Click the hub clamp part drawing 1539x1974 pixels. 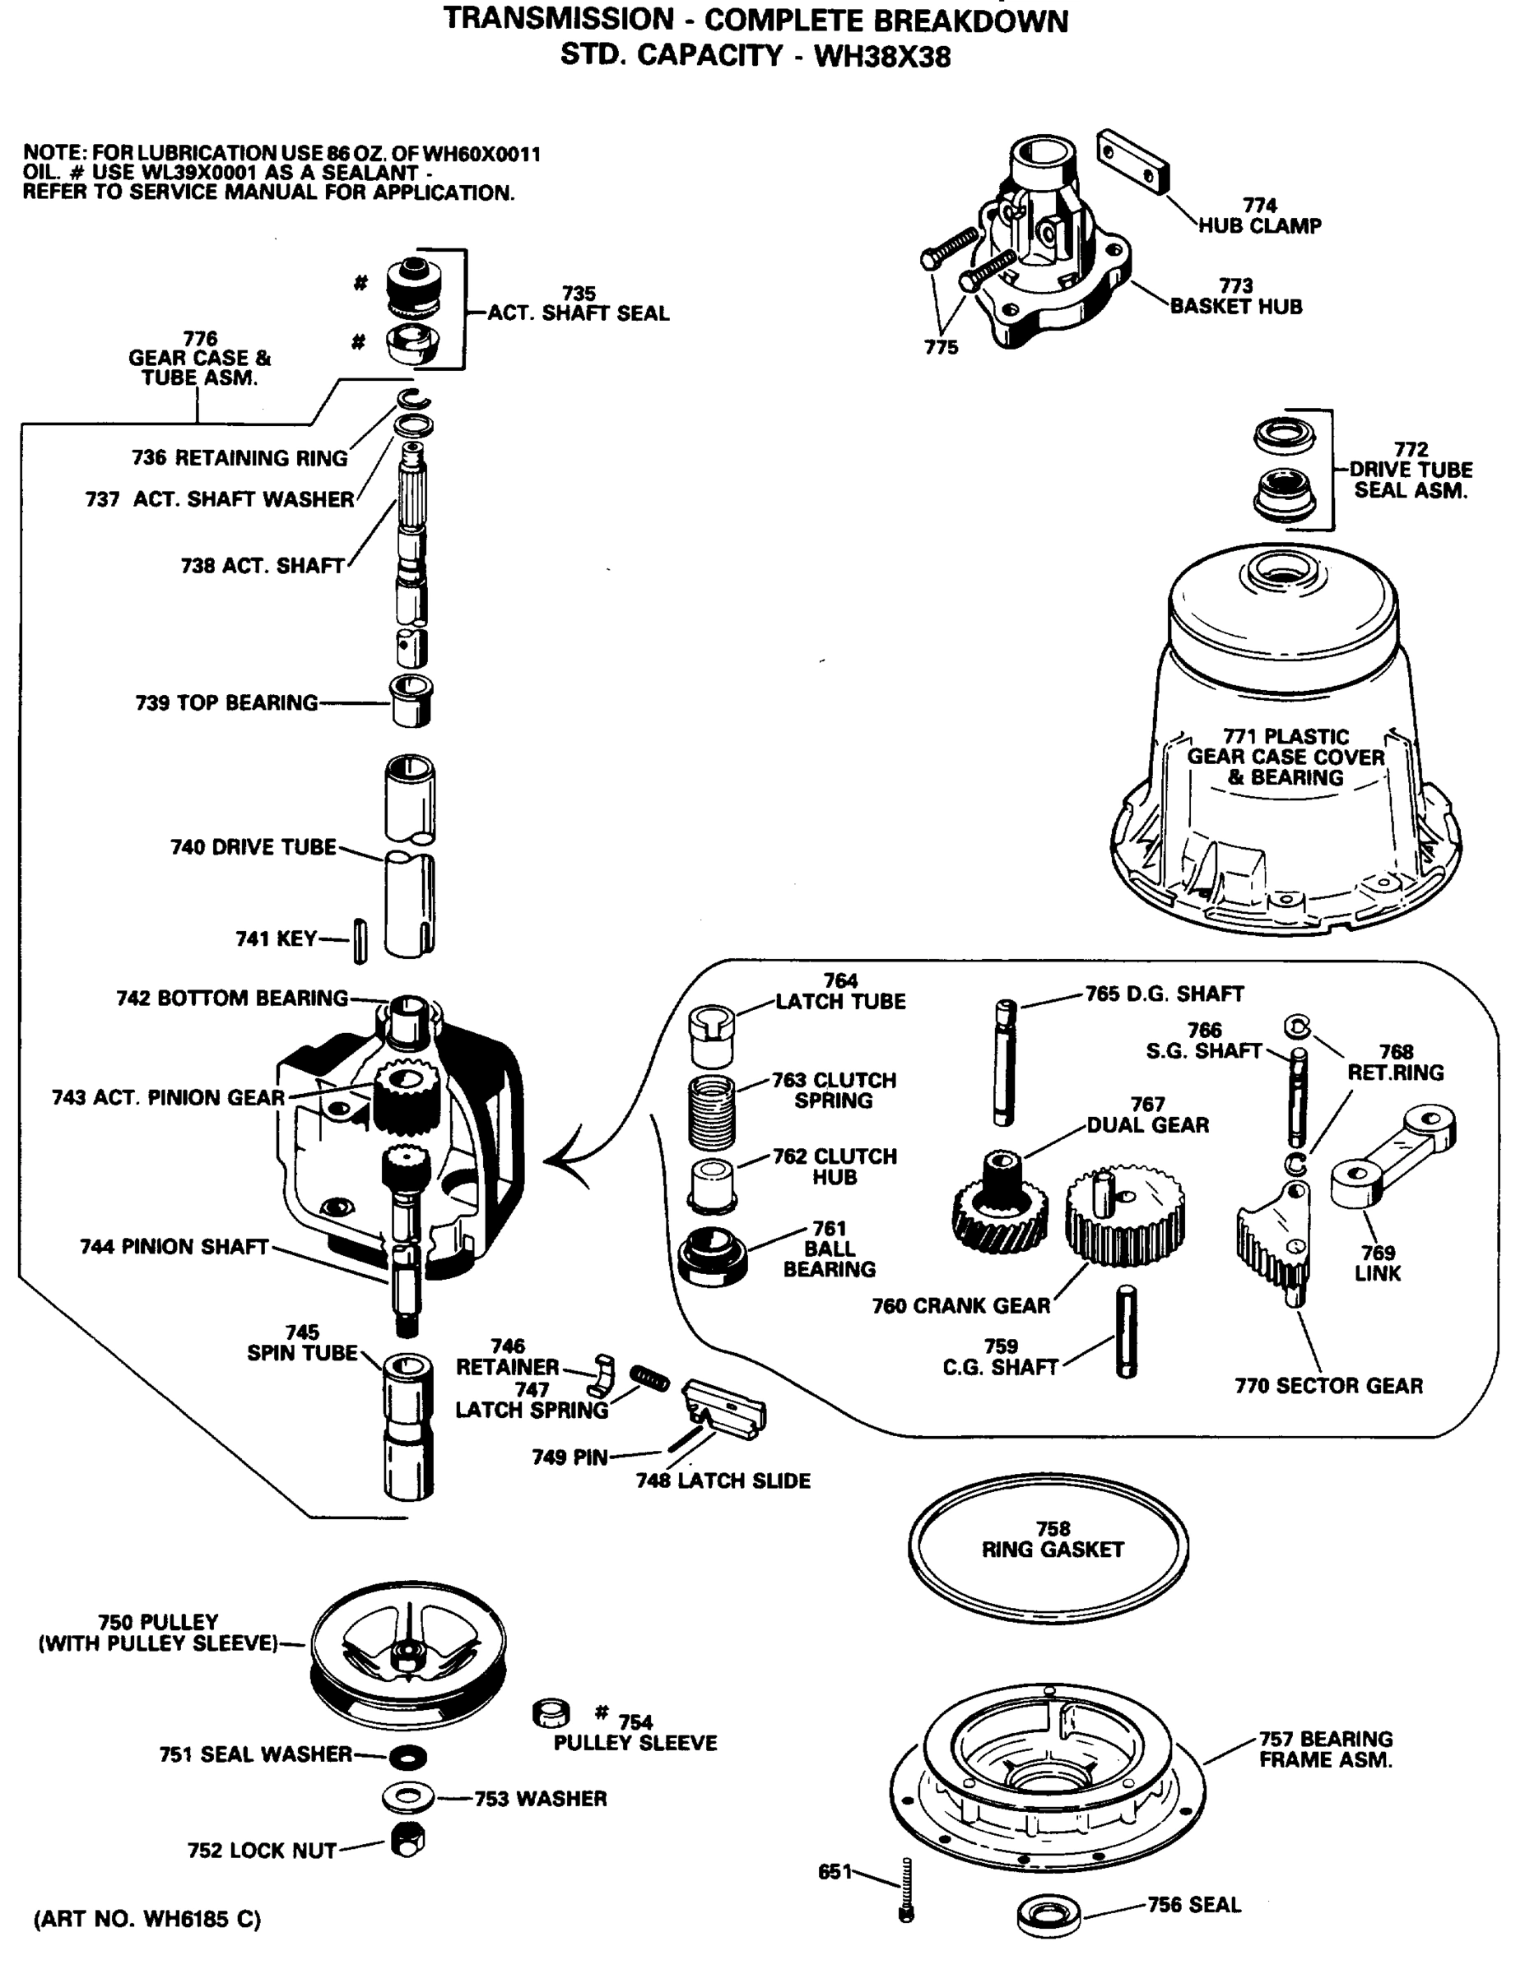tap(1133, 162)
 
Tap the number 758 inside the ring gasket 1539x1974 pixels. tap(1053, 1528)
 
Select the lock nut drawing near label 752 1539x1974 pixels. tap(408, 1838)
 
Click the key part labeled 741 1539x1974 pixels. tap(360, 940)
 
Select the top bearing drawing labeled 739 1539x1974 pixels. tap(411, 701)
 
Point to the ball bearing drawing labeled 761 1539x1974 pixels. tap(712, 1256)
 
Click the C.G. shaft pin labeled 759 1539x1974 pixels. tap(1126, 1332)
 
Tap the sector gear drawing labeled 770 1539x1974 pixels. tap(1274, 1238)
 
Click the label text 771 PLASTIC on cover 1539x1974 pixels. tap(1285, 737)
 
